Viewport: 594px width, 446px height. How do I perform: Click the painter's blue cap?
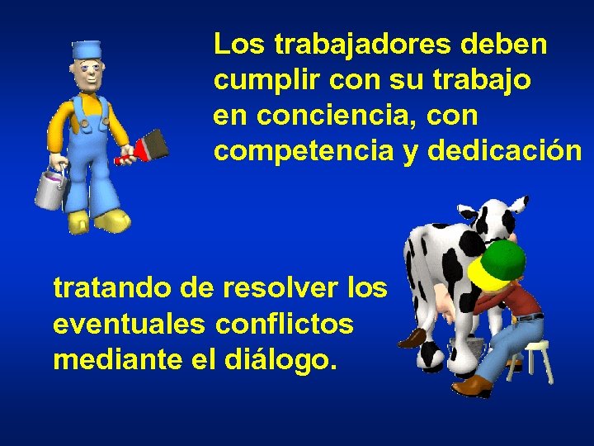click(x=86, y=50)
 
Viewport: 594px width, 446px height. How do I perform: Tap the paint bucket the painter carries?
click(x=49, y=189)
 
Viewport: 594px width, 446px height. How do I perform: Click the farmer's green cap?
click(x=500, y=262)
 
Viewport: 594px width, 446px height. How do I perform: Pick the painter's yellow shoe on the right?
click(x=111, y=221)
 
